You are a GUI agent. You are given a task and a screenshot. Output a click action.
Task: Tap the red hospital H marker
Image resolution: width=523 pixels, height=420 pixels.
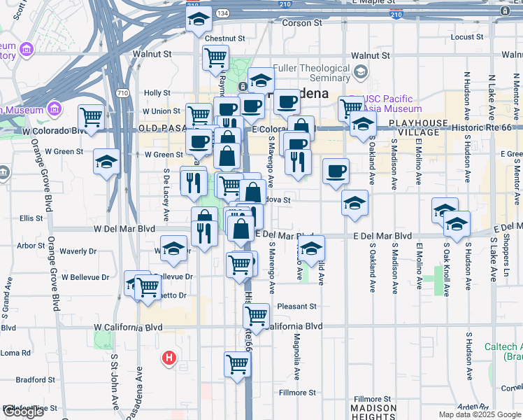point(169,358)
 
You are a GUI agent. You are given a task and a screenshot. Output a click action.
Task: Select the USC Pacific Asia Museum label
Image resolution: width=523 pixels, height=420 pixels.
point(392,104)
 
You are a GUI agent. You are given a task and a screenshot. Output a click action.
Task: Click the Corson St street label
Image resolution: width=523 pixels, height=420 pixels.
point(301,23)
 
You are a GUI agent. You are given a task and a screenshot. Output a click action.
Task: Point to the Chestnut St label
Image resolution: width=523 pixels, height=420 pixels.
point(224,38)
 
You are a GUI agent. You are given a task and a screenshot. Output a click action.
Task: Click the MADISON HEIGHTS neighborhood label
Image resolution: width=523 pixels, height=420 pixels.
point(373,411)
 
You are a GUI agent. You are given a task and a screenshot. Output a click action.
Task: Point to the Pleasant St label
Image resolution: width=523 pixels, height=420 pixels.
point(296,307)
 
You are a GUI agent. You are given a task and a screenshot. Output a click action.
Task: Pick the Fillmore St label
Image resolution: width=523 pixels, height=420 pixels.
point(299,393)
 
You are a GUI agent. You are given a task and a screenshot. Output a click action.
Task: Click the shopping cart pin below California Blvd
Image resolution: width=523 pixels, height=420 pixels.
point(237,364)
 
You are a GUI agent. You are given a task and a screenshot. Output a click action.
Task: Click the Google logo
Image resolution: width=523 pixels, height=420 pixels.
point(23,412)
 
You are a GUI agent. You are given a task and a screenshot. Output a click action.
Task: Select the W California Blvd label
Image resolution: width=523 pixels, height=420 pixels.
point(128,327)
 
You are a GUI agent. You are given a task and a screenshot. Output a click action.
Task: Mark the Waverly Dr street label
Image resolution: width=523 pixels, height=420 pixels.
point(77,251)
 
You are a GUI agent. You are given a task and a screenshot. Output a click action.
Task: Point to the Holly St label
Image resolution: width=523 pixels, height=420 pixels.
point(157,92)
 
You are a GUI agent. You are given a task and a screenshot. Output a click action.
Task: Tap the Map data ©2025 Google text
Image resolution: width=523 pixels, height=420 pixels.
point(480,414)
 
